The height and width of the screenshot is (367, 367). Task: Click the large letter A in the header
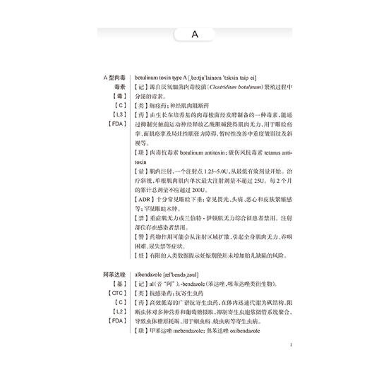click(194, 33)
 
